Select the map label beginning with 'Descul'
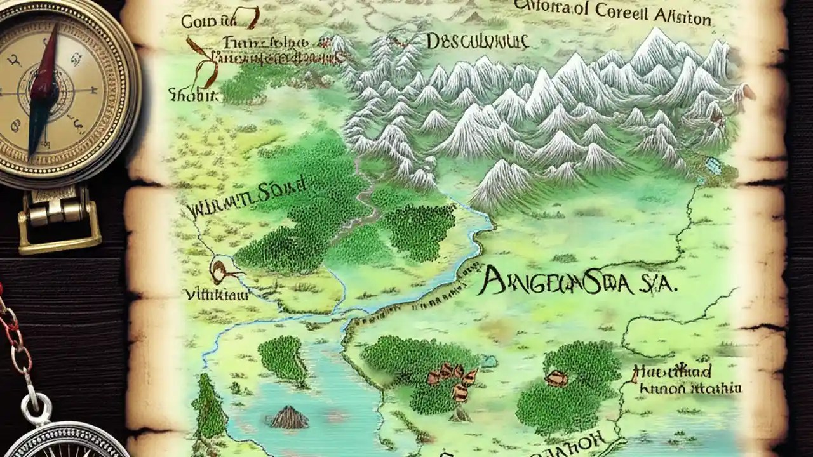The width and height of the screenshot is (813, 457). click(x=477, y=43)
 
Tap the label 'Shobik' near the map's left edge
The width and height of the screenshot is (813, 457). click(x=193, y=95)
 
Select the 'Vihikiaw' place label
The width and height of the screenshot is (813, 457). click(x=215, y=295)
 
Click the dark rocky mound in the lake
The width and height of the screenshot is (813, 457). click(x=290, y=417)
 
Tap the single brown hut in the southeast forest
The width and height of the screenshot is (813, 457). click(x=556, y=378)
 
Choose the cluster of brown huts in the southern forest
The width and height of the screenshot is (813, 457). click(x=454, y=379)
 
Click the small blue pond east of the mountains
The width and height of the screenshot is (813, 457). click(x=713, y=166)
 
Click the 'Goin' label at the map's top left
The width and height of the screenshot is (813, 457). click(x=199, y=21)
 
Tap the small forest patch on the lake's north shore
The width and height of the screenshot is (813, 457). click(x=283, y=358)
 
